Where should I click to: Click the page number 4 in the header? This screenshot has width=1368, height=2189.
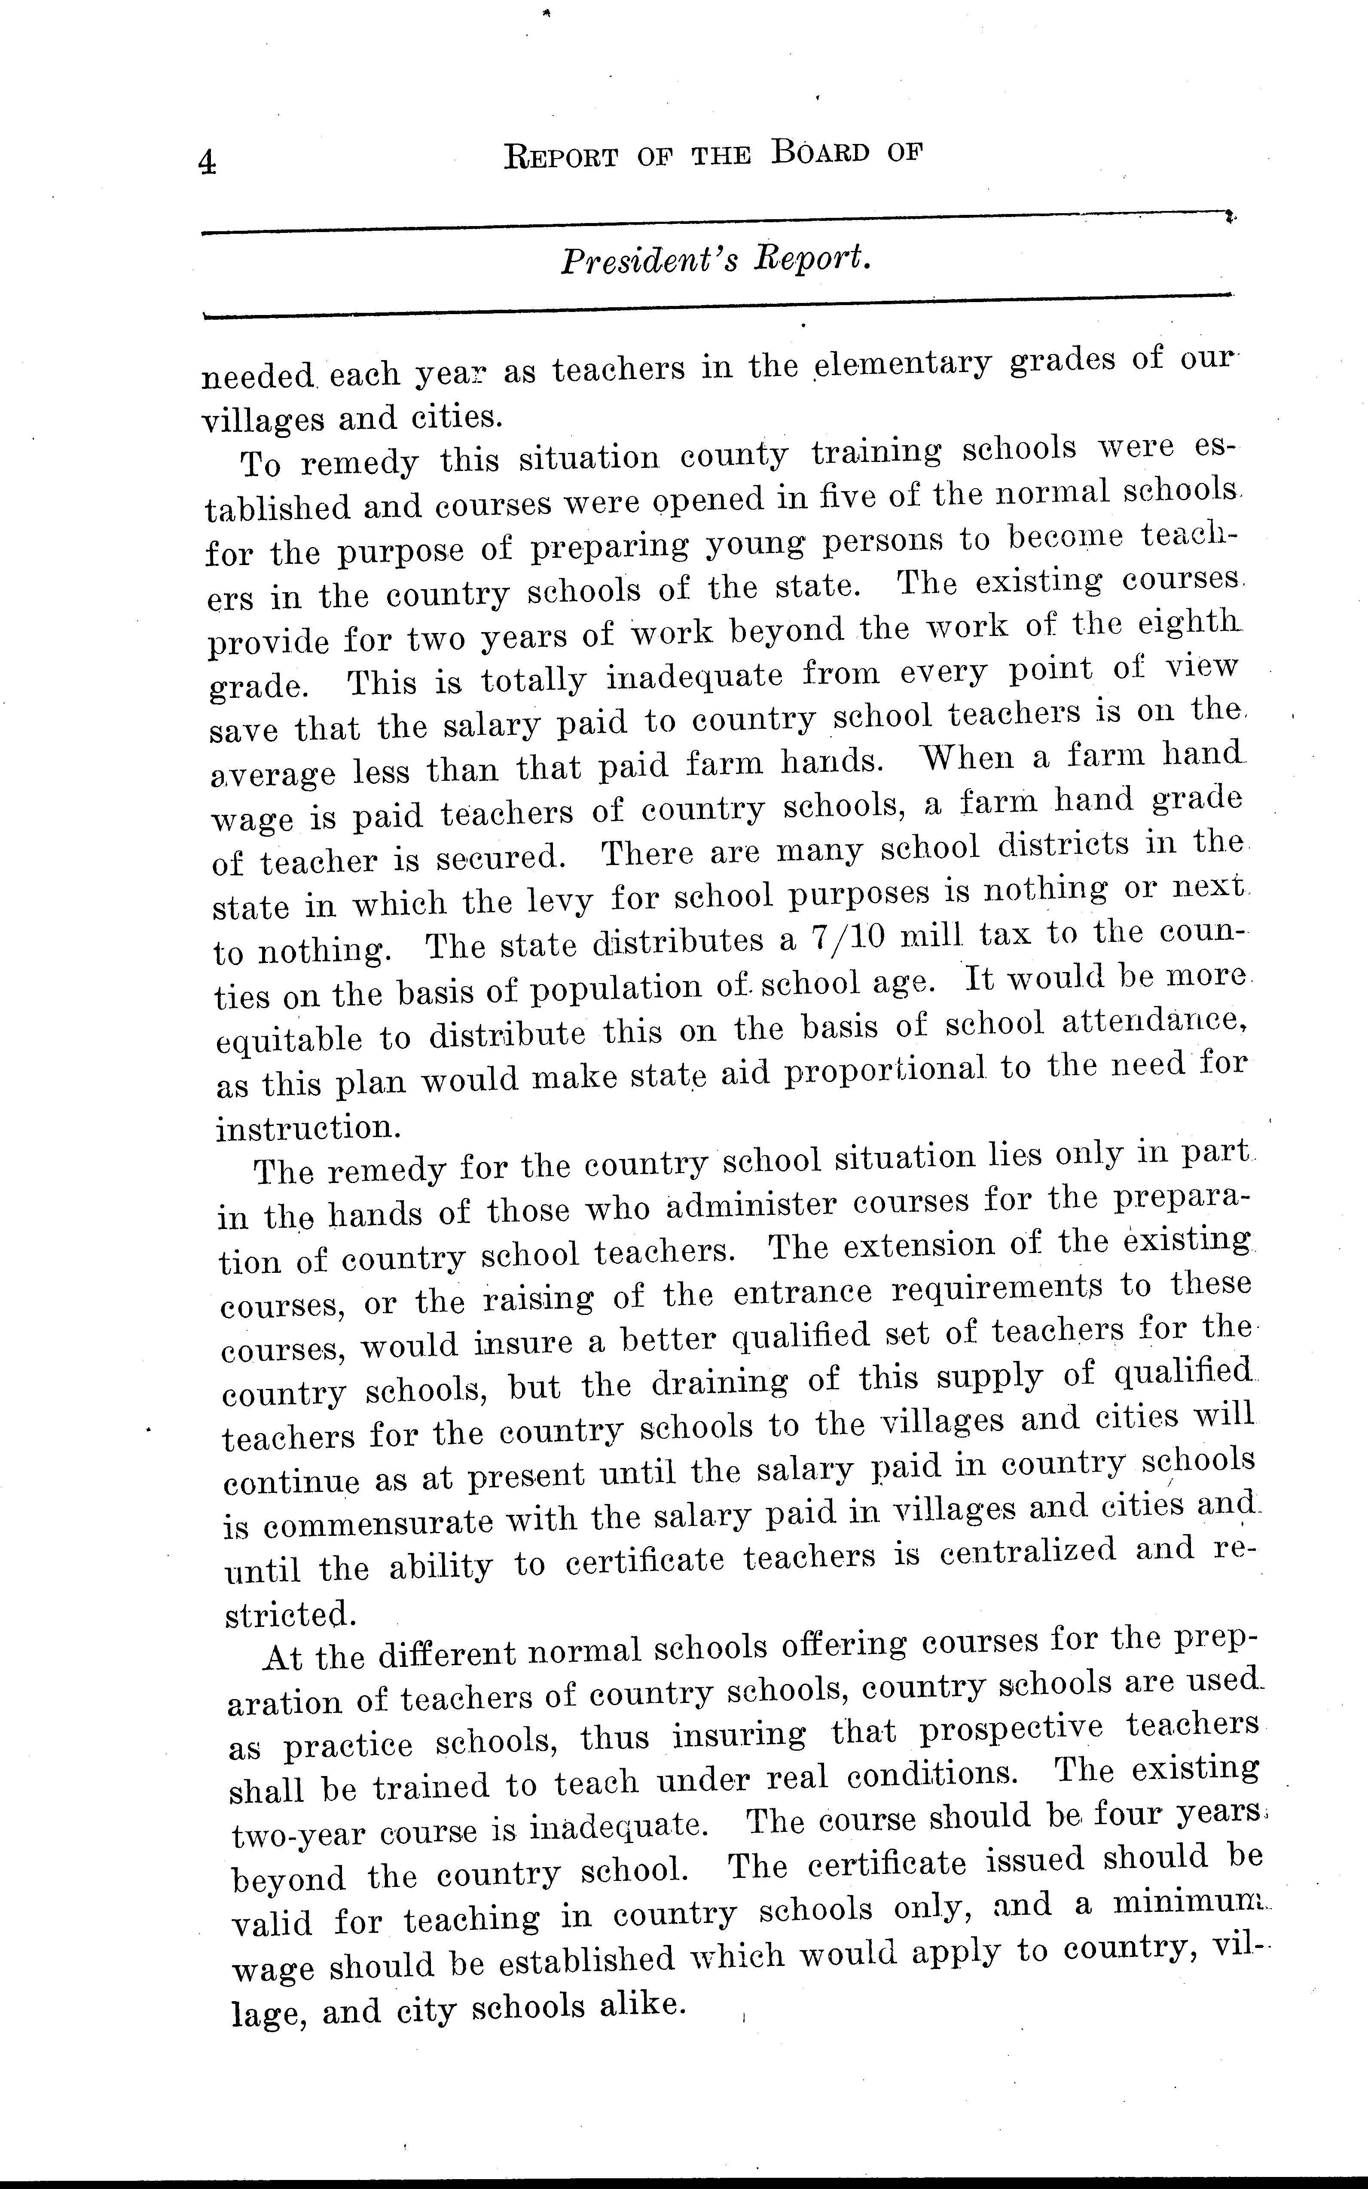[x=207, y=162]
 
